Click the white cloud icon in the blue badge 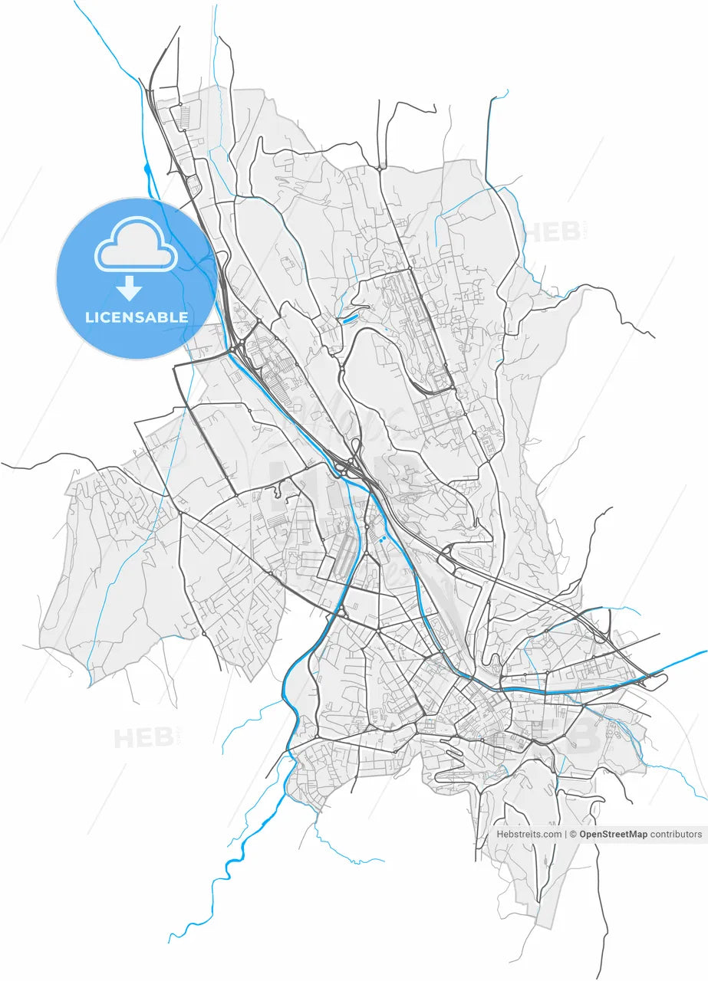tap(135, 244)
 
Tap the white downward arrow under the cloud tap(130, 289)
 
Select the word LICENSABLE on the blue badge tap(137, 317)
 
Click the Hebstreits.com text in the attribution tap(529, 834)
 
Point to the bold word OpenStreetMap tap(613, 834)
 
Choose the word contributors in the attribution tap(676, 834)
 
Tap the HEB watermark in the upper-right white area tap(552, 231)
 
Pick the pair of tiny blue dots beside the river tap(380, 540)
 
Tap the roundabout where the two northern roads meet tap(380, 166)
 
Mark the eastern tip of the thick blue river tap(706, 651)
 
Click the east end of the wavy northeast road tap(654, 337)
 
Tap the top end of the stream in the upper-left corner tap(75, 2)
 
